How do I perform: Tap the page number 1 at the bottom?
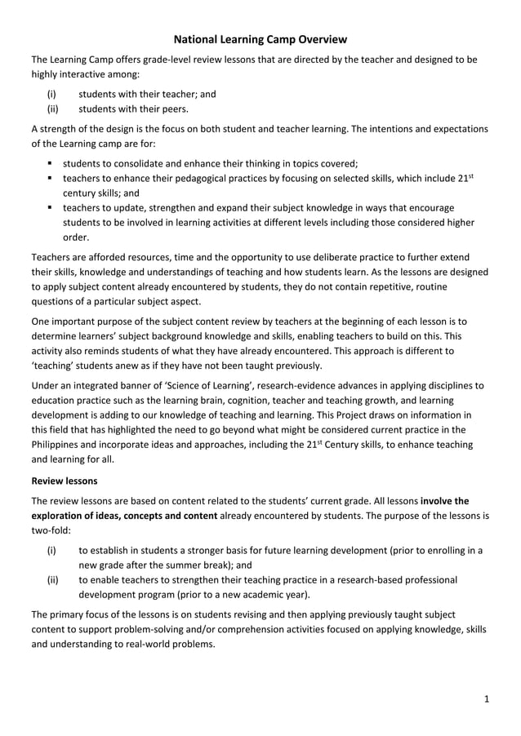(485, 698)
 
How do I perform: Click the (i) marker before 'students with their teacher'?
(51, 93)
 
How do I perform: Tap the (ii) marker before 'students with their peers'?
(53, 109)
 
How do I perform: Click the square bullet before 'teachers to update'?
(51, 208)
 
